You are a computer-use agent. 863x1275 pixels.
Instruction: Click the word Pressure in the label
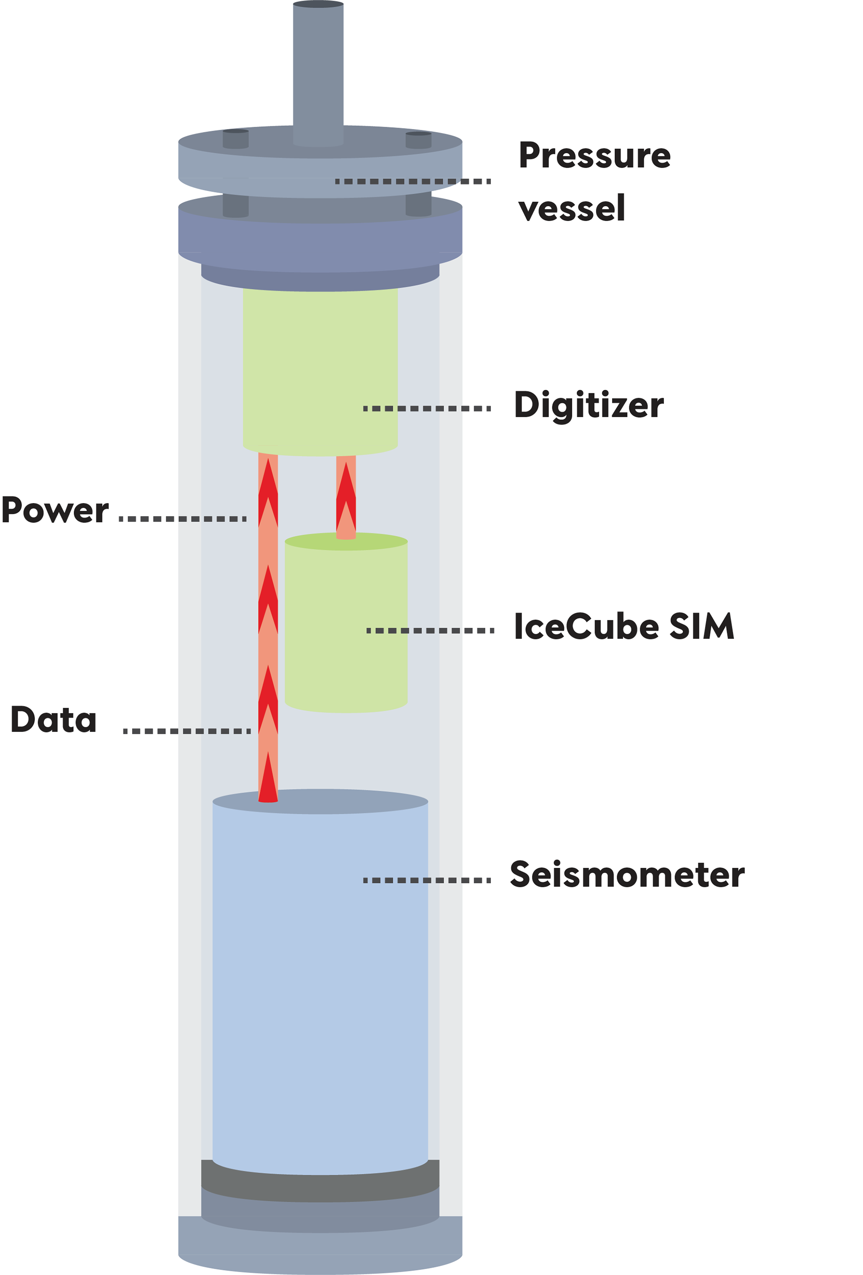point(594,156)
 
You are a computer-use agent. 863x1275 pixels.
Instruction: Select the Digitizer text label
point(589,406)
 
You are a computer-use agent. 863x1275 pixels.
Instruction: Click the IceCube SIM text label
point(624,627)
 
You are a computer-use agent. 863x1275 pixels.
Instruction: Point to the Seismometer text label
point(627,874)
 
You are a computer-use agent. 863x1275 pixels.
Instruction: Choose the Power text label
point(54,510)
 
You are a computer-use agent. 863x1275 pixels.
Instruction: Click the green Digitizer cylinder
point(320,368)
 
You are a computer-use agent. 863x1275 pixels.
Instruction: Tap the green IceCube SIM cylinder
point(346,625)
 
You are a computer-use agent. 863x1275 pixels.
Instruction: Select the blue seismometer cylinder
point(320,988)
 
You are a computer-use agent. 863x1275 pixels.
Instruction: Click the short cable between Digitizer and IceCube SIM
point(346,496)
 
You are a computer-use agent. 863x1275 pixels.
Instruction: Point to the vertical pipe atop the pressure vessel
point(318,71)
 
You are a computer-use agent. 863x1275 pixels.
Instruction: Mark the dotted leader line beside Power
point(182,518)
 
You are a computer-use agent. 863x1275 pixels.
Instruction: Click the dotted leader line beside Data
point(187,731)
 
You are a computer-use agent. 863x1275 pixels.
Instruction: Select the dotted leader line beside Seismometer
point(427,880)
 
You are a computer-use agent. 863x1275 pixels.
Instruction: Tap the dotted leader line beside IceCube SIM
point(430,631)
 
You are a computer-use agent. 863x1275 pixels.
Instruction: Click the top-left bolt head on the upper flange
point(236,138)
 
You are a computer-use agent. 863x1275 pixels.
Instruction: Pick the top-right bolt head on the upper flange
point(418,139)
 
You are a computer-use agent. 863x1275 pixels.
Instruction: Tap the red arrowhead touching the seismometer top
point(268,779)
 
